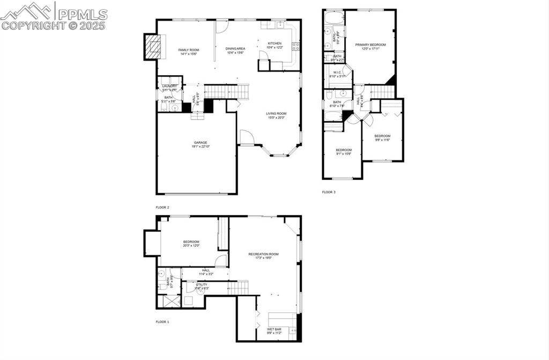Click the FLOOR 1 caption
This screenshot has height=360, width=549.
coord(162,322)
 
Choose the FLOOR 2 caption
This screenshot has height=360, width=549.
coord(162,207)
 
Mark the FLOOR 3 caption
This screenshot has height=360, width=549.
coord(329,192)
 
